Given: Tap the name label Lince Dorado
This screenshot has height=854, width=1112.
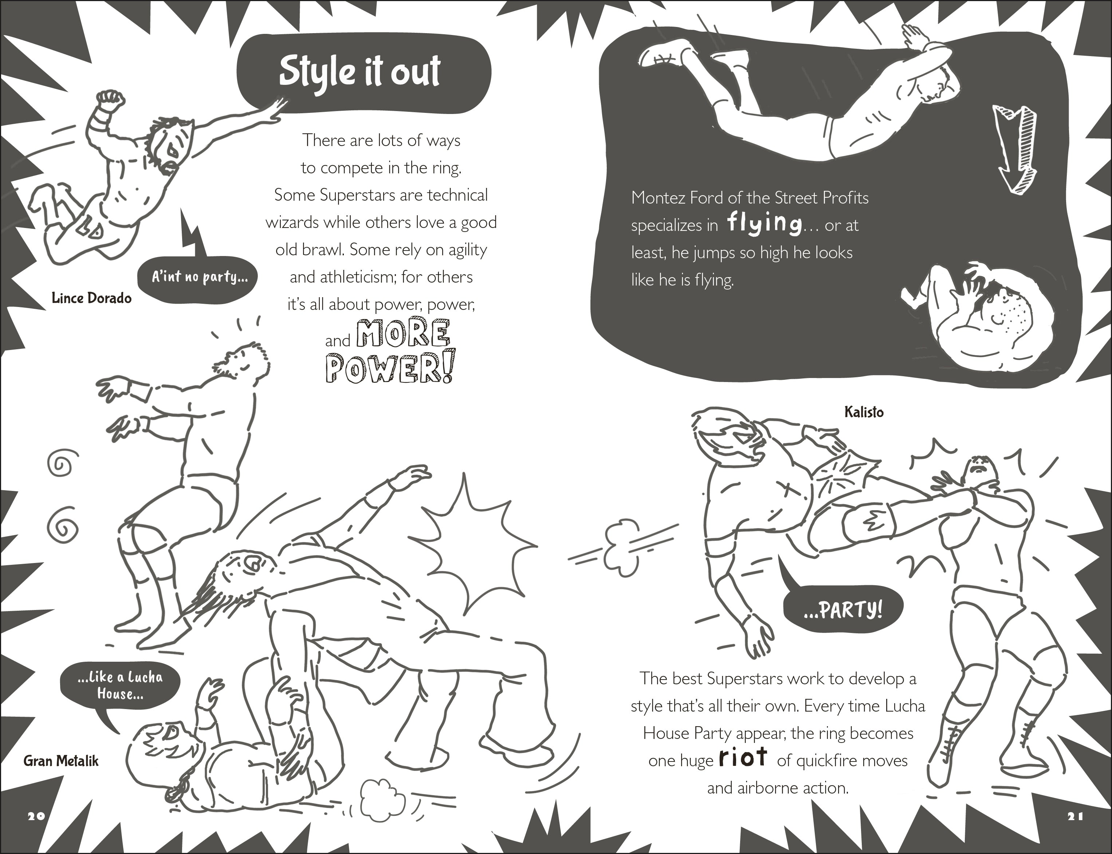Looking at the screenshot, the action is tap(91, 298).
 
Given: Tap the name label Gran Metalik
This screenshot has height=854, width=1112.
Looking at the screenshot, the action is tap(61, 761).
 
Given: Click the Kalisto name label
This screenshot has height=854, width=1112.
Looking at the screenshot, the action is tap(864, 412).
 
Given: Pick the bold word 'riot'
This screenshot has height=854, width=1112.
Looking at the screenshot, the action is tap(743, 758).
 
